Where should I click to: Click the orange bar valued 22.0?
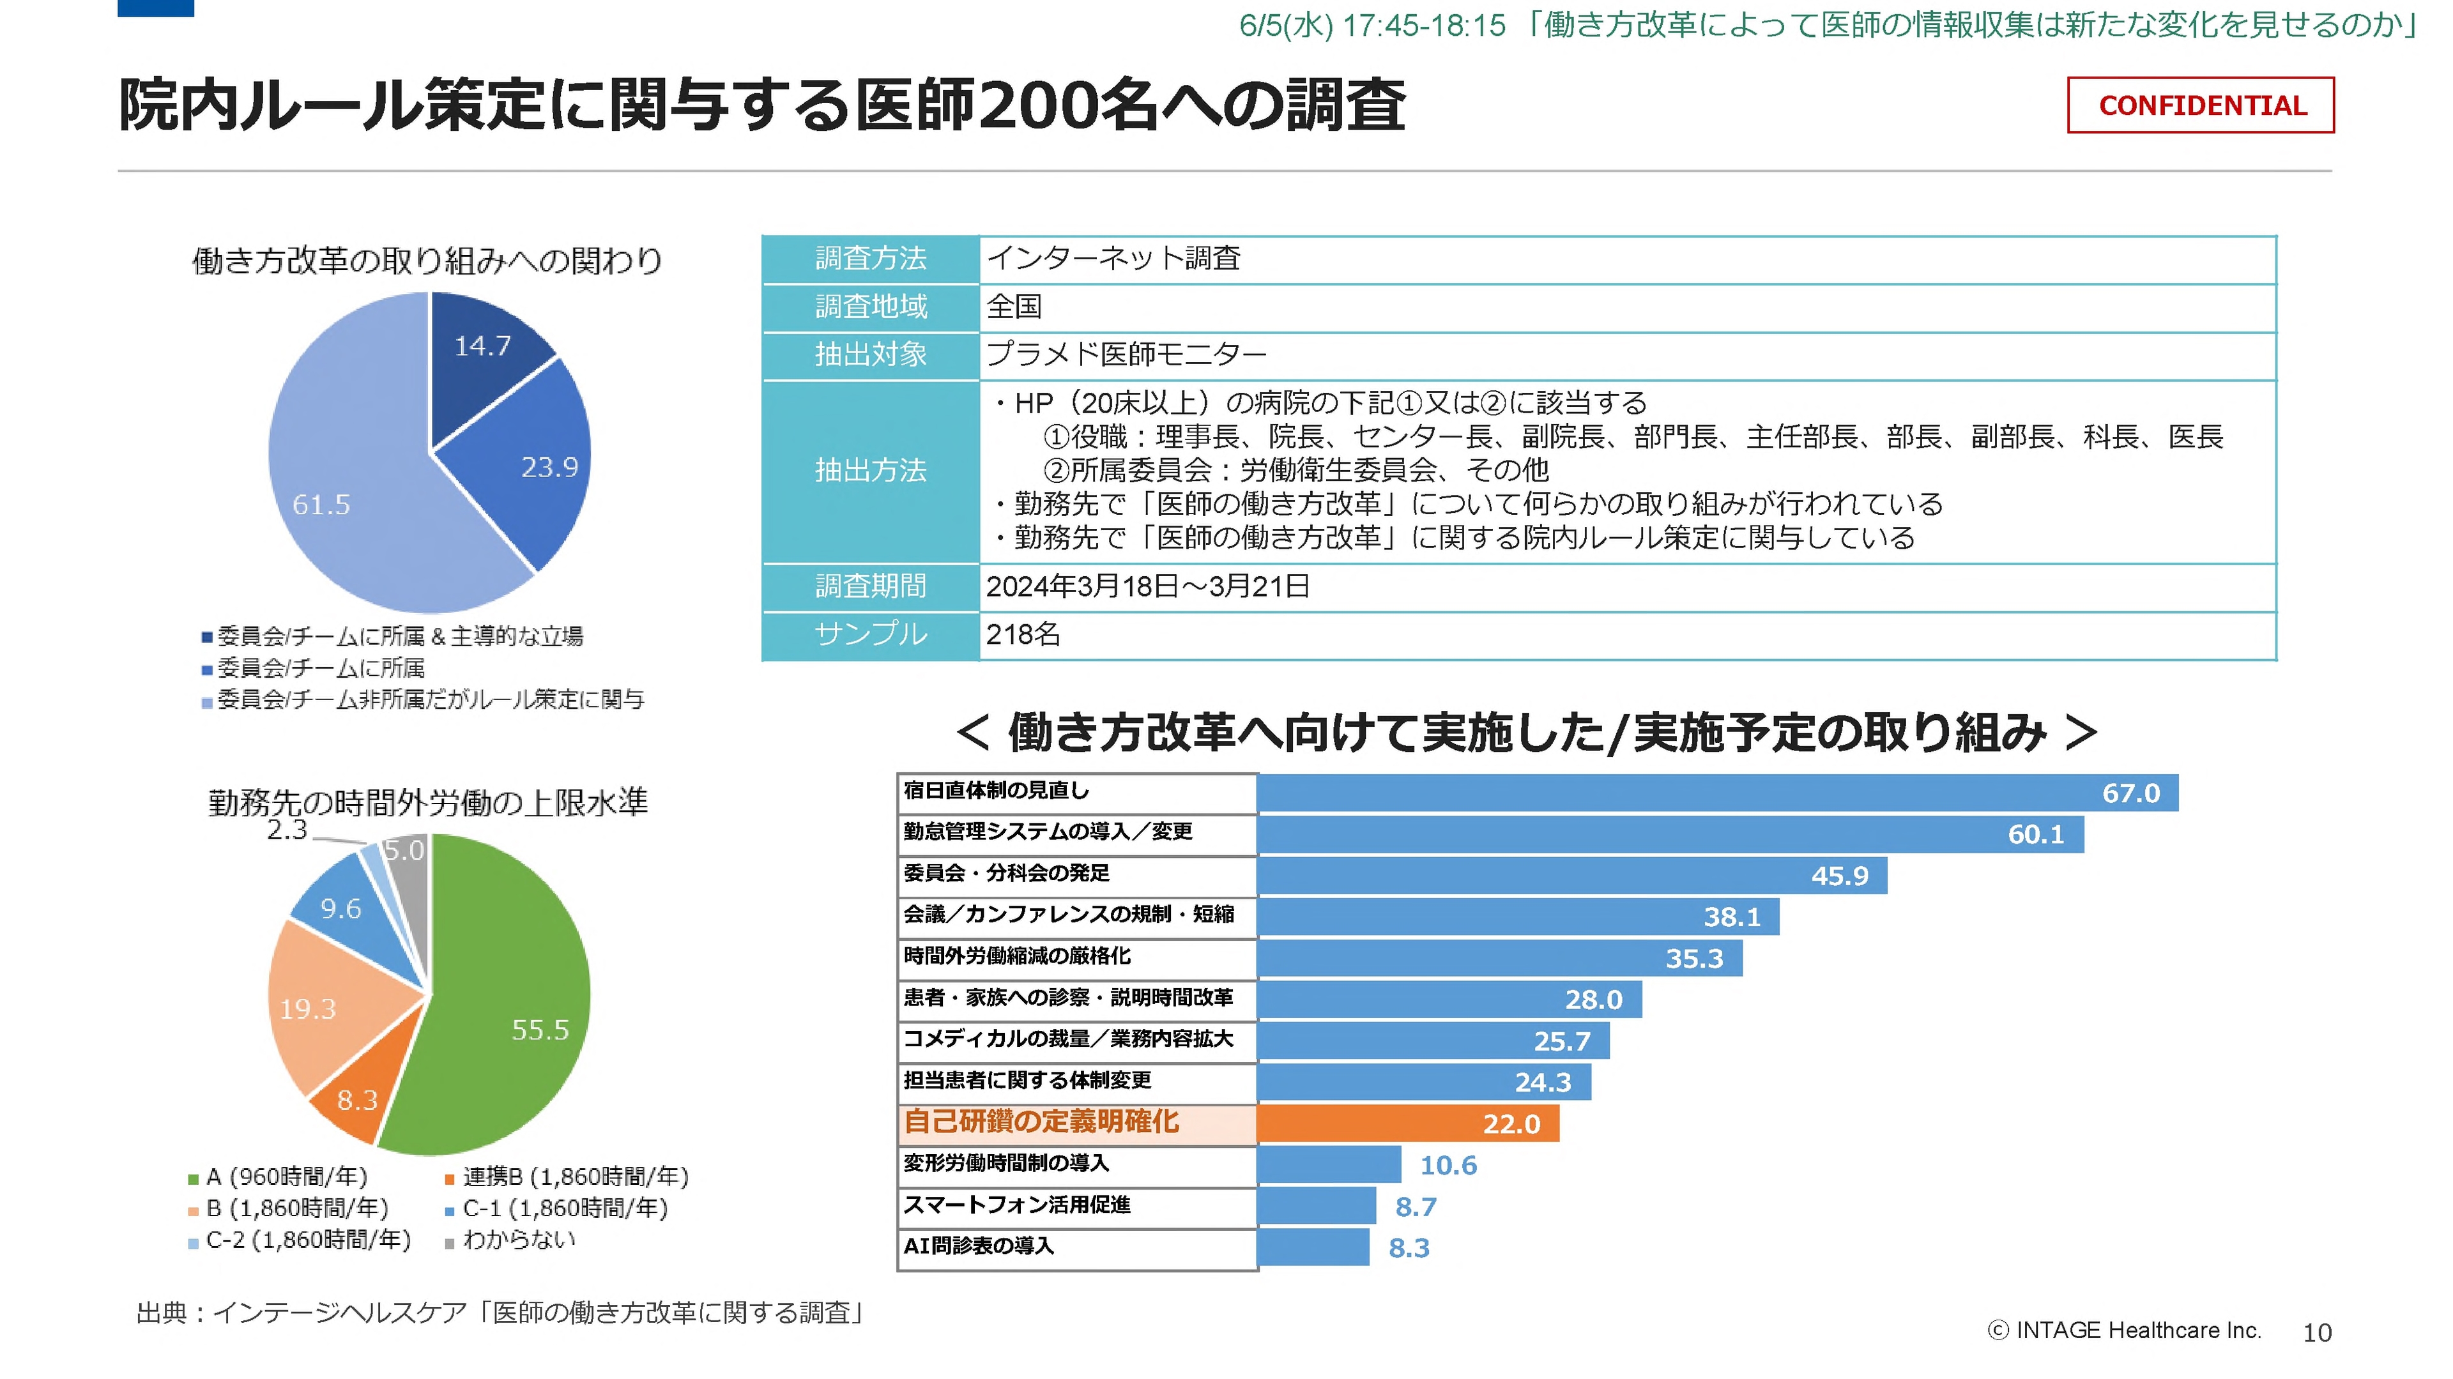pyautogui.click(x=1407, y=1124)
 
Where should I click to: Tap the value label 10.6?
pyautogui.click(x=1448, y=1165)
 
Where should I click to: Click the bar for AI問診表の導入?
pyautogui.click(x=1312, y=1247)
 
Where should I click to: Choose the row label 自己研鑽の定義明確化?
pyautogui.click(x=1042, y=1122)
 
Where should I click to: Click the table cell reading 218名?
pyautogui.click(x=1023, y=634)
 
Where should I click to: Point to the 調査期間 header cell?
pyautogui.click(x=870, y=586)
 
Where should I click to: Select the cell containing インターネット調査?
pyautogui.click(x=1113, y=258)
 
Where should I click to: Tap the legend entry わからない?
pyautogui.click(x=518, y=1240)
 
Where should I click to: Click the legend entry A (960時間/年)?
pyautogui.click(x=286, y=1177)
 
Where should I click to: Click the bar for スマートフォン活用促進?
pyautogui.click(x=1316, y=1206)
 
